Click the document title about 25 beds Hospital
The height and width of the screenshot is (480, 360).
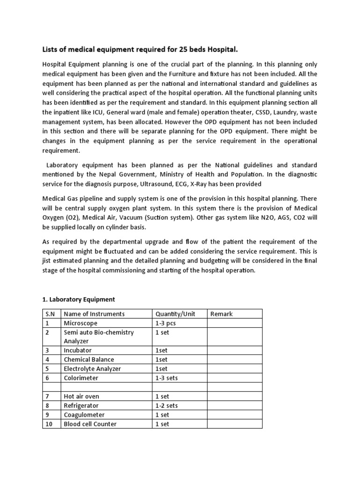[144, 50]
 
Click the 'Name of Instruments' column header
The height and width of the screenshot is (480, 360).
[94, 314]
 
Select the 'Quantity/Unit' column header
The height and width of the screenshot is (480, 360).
[175, 314]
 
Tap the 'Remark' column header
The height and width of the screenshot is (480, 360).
[222, 314]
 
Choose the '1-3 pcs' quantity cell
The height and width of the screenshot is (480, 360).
[166, 323]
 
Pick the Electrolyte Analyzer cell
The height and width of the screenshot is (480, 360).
[92, 368]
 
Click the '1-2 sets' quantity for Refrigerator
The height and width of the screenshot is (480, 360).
[166, 405]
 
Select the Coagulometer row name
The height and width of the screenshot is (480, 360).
[84, 414]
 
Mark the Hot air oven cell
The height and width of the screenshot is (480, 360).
[82, 396]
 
